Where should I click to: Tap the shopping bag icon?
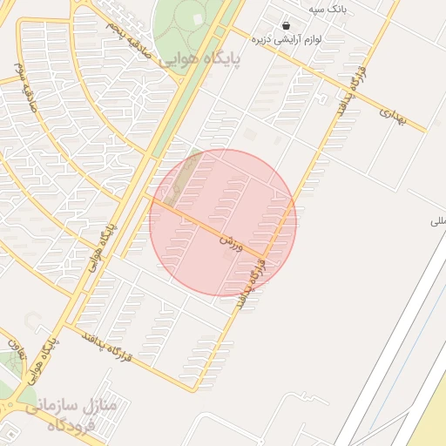coord(287,25)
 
